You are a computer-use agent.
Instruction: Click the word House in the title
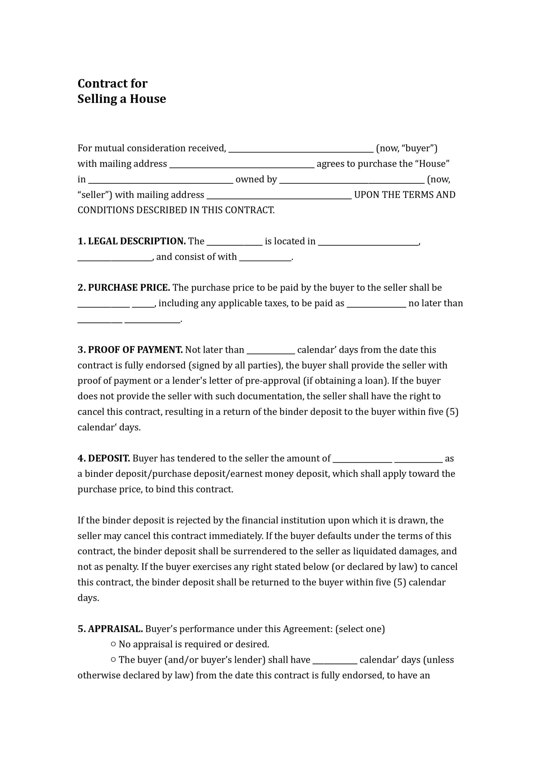click(148, 99)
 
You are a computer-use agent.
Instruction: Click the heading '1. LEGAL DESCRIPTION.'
click(132, 241)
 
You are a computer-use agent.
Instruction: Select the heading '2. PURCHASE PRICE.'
click(124, 288)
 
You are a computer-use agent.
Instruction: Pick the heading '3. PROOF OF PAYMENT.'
click(130, 350)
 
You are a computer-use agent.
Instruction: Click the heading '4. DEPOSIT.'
click(104, 458)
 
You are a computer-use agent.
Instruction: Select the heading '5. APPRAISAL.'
click(110, 629)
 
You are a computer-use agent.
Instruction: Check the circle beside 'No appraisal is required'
click(113, 644)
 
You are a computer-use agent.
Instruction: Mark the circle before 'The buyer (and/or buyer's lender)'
click(113, 659)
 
